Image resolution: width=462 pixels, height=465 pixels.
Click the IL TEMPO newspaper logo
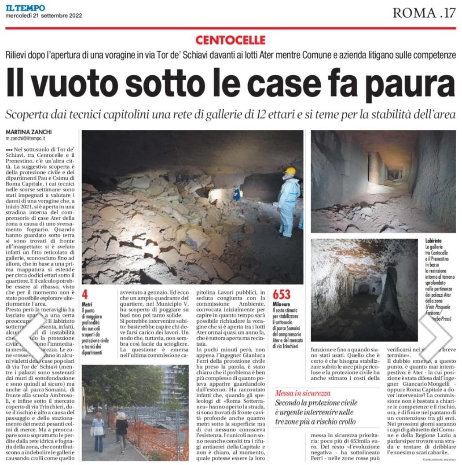[25, 7]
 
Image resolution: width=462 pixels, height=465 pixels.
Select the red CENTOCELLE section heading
[231, 41]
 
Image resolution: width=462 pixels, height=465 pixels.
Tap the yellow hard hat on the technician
[290, 171]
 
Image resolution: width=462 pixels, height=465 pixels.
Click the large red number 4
[85, 295]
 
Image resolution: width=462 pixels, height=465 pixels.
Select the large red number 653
[282, 295]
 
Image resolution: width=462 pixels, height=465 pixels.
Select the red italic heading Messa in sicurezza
[303, 393]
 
